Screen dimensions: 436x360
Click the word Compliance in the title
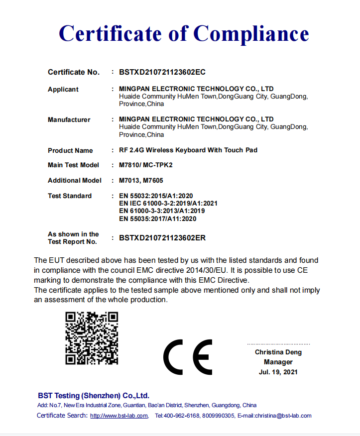coord(251,33)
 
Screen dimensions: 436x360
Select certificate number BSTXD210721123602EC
coord(162,72)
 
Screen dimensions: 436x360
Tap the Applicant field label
coord(63,90)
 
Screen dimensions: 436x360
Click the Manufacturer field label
coord(69,120)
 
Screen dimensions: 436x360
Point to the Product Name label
coord(70,150)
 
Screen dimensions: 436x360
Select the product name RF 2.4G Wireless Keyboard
coord(188,150)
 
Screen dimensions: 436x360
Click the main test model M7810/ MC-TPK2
coord(149,165)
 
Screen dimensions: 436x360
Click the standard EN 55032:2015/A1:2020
coord(156,196)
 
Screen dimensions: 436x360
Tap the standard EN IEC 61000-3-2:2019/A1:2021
coord(168,204)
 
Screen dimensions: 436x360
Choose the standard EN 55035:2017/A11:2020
coord(158,218)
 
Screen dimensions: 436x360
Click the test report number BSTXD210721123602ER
coord(162,238)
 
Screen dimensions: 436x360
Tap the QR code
coord(92,338)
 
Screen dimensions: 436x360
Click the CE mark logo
coord(188,358)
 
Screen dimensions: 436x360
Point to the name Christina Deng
coord(278,352)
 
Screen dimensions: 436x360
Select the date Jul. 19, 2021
coord(278,372)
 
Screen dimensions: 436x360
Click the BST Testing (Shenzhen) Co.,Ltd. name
coord(94,396)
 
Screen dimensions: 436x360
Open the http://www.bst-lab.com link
coord(119,416)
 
